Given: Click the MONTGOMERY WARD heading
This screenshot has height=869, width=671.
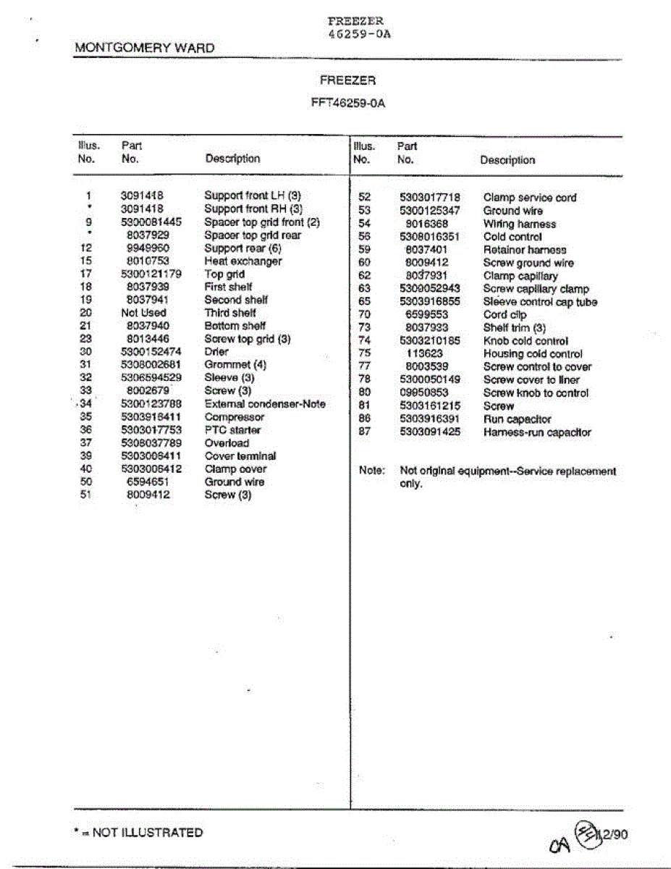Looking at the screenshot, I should click(145, 49).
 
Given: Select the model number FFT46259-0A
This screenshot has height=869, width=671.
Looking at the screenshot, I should click(347, 104).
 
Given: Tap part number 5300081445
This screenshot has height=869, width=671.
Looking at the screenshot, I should click(146, 222).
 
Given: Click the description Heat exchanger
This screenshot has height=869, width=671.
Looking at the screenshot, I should click(242, 261).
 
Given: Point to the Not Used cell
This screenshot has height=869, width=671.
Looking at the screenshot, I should click(143, 313).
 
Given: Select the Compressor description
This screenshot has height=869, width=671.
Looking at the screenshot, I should click(235, 417).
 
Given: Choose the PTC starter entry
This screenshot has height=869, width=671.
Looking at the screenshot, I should click(232, 430).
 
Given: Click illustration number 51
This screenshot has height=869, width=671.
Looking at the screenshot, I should click(87, 495).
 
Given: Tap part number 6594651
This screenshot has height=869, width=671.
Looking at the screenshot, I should click(148, 482).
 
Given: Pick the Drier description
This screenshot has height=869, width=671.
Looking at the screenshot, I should click(216, 352).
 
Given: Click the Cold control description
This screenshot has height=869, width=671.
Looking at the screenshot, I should click(512, 237).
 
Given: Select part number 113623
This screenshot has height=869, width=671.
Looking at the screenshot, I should click(424, 354).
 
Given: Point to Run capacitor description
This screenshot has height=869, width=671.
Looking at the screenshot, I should click(517, 419).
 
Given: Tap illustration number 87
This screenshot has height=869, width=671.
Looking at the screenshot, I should click(365, 432).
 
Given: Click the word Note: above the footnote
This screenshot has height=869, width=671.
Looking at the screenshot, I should click(372, 471).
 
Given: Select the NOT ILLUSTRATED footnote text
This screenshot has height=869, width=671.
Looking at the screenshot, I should click(147, 833).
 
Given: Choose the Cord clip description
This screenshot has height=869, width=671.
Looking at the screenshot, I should click(505, 315).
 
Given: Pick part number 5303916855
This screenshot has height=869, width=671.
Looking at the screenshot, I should click(429, 302).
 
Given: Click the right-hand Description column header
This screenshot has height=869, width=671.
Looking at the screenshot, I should click(507, 160).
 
